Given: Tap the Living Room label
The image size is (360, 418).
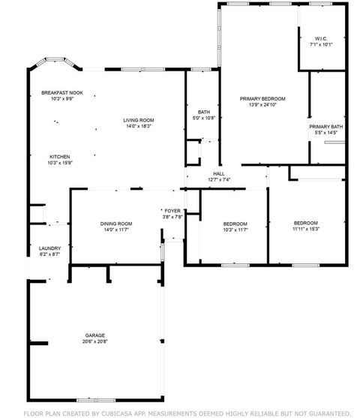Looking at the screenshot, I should point(139,120).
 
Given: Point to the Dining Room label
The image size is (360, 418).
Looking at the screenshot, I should point(116,224).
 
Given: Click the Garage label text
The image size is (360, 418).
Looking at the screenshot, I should point(94,335).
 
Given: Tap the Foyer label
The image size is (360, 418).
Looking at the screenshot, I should point(173,211).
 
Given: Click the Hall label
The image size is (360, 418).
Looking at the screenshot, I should point(220,173).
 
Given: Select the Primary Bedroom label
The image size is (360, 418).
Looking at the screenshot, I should point(262,98).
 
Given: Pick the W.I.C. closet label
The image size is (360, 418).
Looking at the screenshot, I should point(321,38).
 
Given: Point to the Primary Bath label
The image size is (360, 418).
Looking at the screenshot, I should point(326,127).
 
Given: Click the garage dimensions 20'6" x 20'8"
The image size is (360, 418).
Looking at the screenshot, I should point(94,341).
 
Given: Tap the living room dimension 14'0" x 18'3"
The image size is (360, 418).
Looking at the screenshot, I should point(139,126).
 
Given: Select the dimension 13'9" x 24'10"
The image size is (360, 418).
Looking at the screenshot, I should point(262,104).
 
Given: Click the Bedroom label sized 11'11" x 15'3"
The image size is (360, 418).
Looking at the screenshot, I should point(305,223).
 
